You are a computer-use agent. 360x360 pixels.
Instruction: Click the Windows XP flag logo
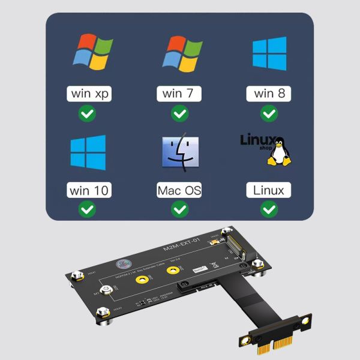point(90,52)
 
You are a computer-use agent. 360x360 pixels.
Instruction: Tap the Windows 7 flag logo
point(180,52)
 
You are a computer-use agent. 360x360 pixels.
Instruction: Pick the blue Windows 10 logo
point(88,152)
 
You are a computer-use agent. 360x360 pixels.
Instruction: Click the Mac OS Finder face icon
point(180,152)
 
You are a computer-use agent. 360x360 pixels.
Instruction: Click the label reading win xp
point(89,94)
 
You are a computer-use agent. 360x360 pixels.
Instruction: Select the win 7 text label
point(179,94)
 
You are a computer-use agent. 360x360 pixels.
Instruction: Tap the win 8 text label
point(269,94)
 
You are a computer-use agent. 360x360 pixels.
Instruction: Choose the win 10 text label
point(89,191)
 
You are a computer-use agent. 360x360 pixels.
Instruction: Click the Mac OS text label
point(179,191)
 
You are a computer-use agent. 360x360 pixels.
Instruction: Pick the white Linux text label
point(269,191)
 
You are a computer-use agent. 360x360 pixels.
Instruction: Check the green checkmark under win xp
point(88,112)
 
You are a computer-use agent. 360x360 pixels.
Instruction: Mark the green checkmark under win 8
point(269,112)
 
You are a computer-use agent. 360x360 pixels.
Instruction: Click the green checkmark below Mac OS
point(179,209)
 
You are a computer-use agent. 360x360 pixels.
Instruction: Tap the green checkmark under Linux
point(269,209)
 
